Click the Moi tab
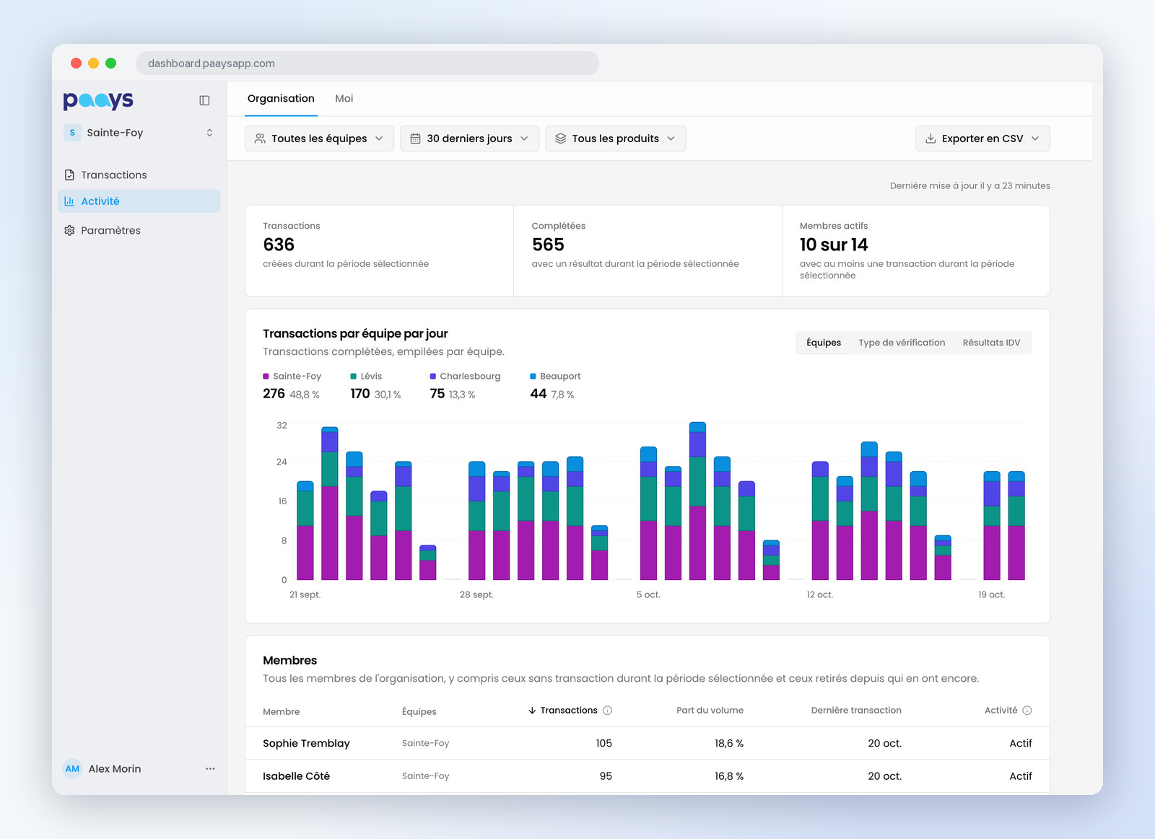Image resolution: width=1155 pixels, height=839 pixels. (x=344, y=98)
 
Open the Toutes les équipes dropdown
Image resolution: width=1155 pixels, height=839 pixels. (x=319, y=139)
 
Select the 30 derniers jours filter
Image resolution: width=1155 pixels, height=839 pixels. (x=469, y=139)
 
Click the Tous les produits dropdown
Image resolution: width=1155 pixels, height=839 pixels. (x=615, y=139)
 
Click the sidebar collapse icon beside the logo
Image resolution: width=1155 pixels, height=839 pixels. (x=204, y=100)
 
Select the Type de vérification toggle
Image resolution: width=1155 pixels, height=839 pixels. (x=902, y=343)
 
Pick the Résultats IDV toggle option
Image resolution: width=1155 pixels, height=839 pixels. (x=991, y=343)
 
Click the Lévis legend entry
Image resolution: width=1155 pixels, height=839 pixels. (x=367, y=376)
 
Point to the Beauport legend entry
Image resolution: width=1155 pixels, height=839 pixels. (x=555, y=376)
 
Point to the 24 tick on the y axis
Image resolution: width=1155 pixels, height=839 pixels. (x=282, y=462)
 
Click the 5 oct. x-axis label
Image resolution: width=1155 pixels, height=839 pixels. (x=648, y=594)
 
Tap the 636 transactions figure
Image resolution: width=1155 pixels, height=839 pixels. (x=279, y=245)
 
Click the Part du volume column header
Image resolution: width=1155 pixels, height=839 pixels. (x=710, y=711)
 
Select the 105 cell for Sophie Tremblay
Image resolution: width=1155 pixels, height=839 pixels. (x=603, y=744)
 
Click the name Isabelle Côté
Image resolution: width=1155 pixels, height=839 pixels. (x=296, y=776)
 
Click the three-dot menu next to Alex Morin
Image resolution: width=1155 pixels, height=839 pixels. (x=210, y=769)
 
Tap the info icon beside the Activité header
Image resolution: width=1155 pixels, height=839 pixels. (x=1027, y=711)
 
